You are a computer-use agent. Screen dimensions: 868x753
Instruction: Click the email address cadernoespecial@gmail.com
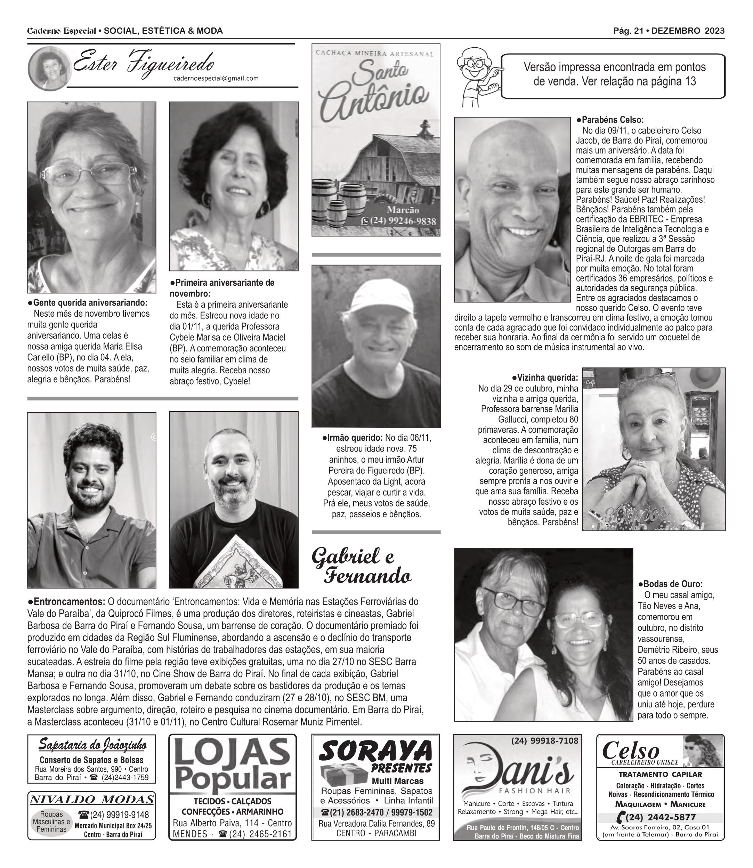(216, 78)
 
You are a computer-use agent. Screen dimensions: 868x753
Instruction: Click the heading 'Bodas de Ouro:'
(670, 584)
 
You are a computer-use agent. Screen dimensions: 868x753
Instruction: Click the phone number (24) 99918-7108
(544, 741)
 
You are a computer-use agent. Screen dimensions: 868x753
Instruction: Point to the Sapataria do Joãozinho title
(92, 745)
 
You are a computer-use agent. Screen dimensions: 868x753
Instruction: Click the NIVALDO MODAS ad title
(91, 800)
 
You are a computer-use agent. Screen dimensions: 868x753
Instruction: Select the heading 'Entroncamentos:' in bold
(66, 601)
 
